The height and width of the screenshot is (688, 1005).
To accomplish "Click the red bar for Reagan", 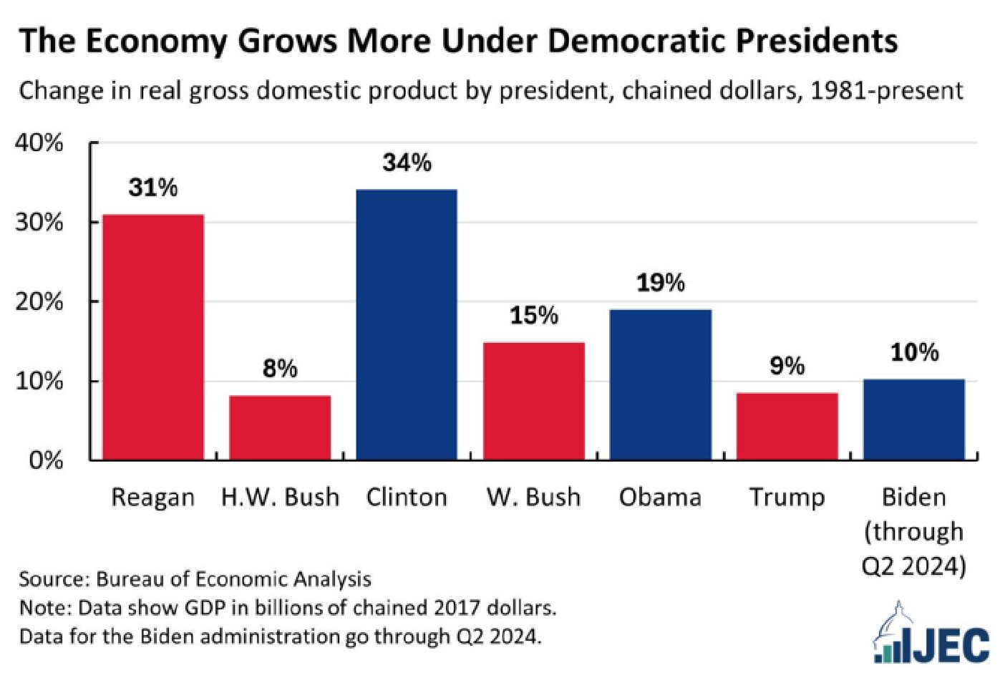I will pyautogui.click(x=153, y=336).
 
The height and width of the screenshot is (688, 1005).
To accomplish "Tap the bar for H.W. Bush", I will pyautogui.click(x=280, y=427).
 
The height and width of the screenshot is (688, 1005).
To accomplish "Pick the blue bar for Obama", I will pyautogui.click(x=660, y=384).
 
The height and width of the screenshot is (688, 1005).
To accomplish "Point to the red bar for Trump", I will pyautogui.click(x=787, y=426).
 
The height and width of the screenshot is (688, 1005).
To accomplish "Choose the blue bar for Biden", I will pyautogui.click(x=913, y=420).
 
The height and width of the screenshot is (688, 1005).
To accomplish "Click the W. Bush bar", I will pyautogui.click(x=533, y=401).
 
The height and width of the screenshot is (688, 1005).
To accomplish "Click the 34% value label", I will pyautogui.click(x=407, y=163).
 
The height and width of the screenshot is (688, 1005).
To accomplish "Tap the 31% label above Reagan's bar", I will pyautogui.click(x=153, y=188).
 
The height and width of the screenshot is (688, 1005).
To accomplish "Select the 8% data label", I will pyautogui.click(x=280, y=369).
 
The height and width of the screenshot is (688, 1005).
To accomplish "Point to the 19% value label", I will pyautogui.click(x=660, y=283).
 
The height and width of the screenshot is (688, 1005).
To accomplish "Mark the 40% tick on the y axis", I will pyautogui.click(x=39, y=143).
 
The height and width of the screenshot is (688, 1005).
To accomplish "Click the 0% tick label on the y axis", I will pyautogui.click(x=46, y=460).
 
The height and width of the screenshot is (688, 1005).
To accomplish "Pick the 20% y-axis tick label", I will pyautogui.click(x=39, y=302).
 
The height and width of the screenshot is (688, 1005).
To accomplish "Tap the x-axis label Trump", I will pyautogui.click(x=787, y=497).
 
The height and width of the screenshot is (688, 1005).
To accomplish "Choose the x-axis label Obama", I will pyautogui.click(x=660, y=497).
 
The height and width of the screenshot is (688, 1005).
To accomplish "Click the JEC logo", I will pyautogui.click(x=932, y=636).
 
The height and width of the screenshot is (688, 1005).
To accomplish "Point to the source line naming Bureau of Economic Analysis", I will pyautogui.click(x=195, y=578).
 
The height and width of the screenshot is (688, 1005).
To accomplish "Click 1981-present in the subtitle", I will pyautogui.click(x=886, y=91).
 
